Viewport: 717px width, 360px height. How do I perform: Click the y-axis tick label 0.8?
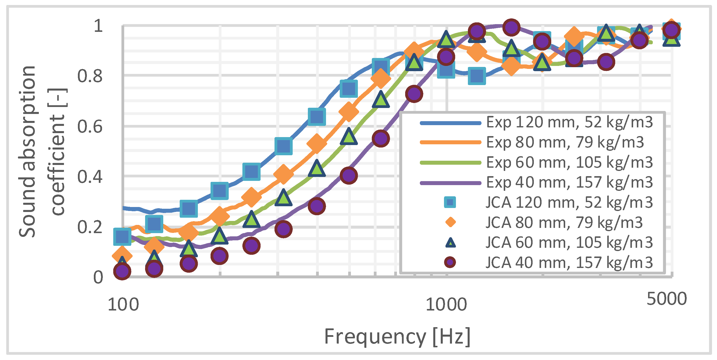(x=90, y=76)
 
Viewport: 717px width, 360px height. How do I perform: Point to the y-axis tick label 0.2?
(x=90, y=227)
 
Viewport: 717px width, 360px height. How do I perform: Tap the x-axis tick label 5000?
(x=666, y=299)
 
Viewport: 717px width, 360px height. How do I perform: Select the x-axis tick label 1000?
(x=446, y=304)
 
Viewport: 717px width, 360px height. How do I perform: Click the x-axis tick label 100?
(x=123, y=304)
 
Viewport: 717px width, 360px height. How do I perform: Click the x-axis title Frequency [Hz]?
(x=397, y=337)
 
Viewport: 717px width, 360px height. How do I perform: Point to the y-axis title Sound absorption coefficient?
(x=42, y=152)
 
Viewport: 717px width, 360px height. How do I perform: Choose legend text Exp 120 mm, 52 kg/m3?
(x=569, y=122)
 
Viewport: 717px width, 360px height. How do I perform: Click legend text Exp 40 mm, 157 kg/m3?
(x=569, y=183)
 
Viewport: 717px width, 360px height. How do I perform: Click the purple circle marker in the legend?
(x=450, y=262)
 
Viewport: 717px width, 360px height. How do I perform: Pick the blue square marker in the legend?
(x=450, y=202)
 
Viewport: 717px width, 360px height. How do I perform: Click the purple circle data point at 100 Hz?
(x=122, y=271)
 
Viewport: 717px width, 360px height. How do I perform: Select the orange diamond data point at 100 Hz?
(x=122, y=256)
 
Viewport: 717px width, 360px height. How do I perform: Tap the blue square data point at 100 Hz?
(x=122, y=237)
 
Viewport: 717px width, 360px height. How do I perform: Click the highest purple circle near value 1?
(x=510, y=27)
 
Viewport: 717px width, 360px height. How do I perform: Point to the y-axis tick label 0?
(x=98, y=277)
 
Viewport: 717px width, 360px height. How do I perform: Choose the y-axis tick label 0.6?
(x=90, y=127)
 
